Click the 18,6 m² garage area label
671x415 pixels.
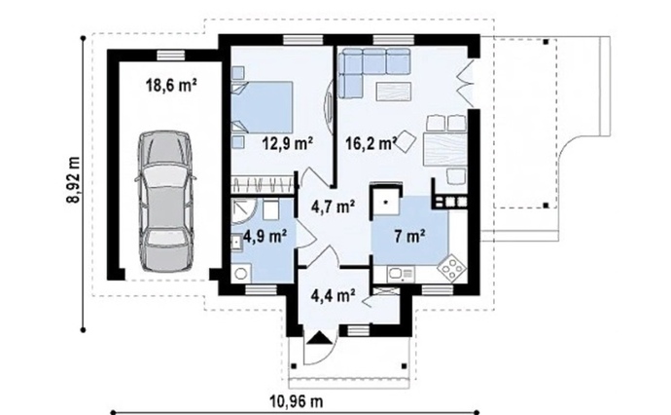coord(171,86)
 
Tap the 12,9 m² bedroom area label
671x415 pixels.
coord(288,143)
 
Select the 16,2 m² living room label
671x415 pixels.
coord(371,143)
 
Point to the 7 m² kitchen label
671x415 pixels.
coord(409,236)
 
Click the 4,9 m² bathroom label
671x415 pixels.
coord(265,236)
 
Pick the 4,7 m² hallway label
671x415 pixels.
coord(333,207)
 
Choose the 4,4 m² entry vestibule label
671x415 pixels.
coord(333,295)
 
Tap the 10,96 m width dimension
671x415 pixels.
coord(297,401)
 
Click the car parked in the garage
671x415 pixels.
coord(165,201)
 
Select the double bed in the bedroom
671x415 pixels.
coord(263,107)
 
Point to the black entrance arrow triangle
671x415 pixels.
coord(318,338)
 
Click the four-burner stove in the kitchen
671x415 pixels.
coord(452,268)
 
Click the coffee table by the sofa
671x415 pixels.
coord(393,92)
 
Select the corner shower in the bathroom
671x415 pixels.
coord(243,212)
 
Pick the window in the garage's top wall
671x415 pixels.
coord(170,56)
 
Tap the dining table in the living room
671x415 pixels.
coord(444,150)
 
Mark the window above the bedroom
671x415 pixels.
coord(302,40)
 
